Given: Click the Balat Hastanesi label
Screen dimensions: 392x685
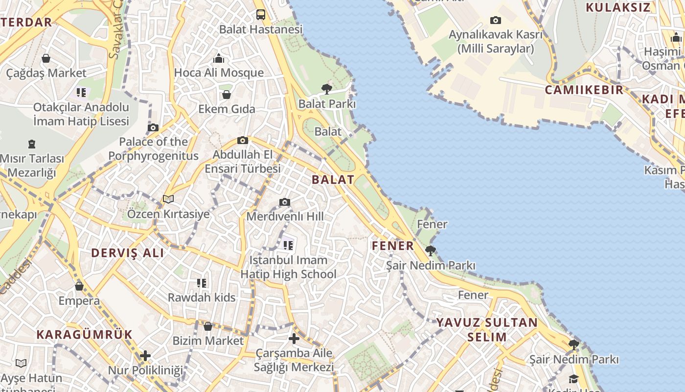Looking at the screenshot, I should coord(261,29).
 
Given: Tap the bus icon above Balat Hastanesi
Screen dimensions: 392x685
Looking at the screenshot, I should coord(261,15).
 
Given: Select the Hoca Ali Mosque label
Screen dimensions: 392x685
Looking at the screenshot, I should coord(219,73).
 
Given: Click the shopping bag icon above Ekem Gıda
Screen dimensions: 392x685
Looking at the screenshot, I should coord(227,94).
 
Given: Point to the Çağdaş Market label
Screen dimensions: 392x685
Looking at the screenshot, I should coord(46,73).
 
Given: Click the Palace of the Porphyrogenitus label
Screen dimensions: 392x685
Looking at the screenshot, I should coord(153,149).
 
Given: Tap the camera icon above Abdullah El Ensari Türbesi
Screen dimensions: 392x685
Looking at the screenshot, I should coord(242,141).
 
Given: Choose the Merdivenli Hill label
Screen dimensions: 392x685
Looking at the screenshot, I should coord(285,216).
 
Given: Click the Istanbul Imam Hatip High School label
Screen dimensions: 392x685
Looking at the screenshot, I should coord(288,267).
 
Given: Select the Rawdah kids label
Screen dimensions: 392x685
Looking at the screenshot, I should coord(202,297).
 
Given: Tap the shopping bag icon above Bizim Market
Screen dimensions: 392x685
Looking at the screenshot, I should coord(208,326).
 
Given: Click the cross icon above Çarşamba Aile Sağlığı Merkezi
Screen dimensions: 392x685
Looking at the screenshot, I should coord(294,339).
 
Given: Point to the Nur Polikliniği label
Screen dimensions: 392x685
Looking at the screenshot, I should coord(145,370).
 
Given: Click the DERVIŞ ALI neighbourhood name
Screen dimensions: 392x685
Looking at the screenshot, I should coord(128,253).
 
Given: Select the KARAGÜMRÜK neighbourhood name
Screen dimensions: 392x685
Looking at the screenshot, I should coord(85,335).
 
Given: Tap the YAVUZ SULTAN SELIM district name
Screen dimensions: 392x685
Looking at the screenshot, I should coord(487,330).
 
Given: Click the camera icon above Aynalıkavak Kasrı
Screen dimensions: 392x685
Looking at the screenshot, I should coord(496,21).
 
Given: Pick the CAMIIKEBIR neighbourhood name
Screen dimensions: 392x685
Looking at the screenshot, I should coord(584,90).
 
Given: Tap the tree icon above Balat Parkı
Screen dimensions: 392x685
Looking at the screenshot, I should coord(327,89).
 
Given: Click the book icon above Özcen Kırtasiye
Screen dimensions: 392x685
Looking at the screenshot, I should coord(168,199).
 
